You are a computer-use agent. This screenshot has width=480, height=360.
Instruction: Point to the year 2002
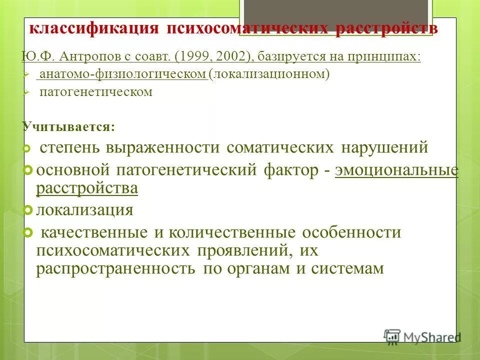click(x=233, y=57)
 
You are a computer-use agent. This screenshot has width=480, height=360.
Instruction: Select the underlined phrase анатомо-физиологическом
click(x=122, y=75)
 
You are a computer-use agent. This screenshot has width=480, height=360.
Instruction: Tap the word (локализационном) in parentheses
click(x=270, y=75)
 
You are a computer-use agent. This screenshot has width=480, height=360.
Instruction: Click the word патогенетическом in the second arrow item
click(x=96, y=92)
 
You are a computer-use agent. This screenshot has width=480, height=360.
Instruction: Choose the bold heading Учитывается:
click(x=68, y=126)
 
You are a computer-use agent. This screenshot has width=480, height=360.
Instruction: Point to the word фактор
click(x=291, y=170)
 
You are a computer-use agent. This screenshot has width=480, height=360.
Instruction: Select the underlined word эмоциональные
click(x=396, y=170)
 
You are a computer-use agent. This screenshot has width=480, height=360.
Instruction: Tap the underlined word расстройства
click(x=87, y=188)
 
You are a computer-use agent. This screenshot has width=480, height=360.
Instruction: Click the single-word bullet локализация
click(x=84, y=210)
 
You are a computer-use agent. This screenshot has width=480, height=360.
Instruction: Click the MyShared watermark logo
click(x=421, y=336)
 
